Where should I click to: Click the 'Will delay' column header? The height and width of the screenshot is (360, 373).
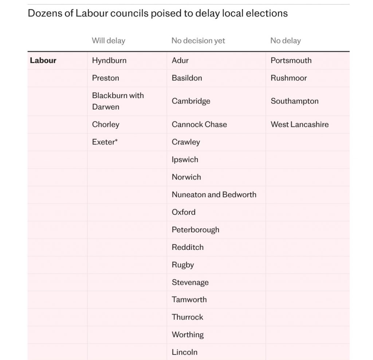coord(108,40)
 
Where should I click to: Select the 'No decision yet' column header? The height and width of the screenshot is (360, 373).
coord(198,40)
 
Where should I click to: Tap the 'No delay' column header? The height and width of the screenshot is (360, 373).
coord(286,40)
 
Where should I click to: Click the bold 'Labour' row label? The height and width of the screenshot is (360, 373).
coord(43,61)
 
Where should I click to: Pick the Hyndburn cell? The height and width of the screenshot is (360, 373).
coord(109,61)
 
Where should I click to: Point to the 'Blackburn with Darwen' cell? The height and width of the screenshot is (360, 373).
coord(118,101)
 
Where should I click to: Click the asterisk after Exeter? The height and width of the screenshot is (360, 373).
coord(116,141)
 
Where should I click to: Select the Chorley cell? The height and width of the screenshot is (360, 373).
coord(106,124)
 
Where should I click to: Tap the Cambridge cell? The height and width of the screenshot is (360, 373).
coord(191,101)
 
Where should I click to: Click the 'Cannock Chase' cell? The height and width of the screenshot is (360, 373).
coord(199,124)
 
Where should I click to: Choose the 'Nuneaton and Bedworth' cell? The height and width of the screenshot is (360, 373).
coord(214,194)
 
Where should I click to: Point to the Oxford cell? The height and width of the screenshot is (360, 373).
coord(184,212)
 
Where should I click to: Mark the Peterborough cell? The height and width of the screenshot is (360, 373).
coord(196,230)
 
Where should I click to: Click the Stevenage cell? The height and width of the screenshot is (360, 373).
coord(190,282)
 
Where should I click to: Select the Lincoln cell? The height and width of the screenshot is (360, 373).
coord(185,352)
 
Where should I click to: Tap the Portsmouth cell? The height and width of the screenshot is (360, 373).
coord(291,61)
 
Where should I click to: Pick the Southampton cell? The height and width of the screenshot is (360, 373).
coord(294,101)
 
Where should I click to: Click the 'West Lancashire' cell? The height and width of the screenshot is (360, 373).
coord(299,124)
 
